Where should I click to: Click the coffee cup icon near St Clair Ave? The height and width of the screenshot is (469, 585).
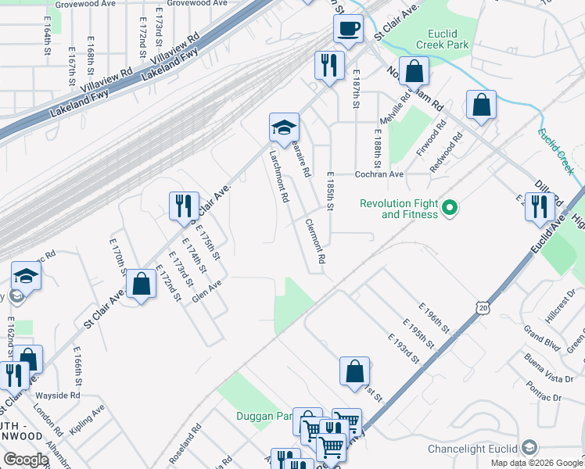[348, 28]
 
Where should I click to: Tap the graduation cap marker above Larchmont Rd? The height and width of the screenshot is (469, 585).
[284, 127]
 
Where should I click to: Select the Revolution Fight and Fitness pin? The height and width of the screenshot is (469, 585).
[450, 209]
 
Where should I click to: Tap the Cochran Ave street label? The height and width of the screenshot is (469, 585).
[379, 174]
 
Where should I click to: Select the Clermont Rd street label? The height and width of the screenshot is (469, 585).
[314, 240]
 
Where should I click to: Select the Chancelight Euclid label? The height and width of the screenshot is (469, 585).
[472, 449]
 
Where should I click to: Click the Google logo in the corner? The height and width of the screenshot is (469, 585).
[25, 460]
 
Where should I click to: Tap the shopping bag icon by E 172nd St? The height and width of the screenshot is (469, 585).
[142, 285]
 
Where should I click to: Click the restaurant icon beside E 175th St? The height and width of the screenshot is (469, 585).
[183, 206]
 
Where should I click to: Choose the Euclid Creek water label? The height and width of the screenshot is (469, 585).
[556, 149]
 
